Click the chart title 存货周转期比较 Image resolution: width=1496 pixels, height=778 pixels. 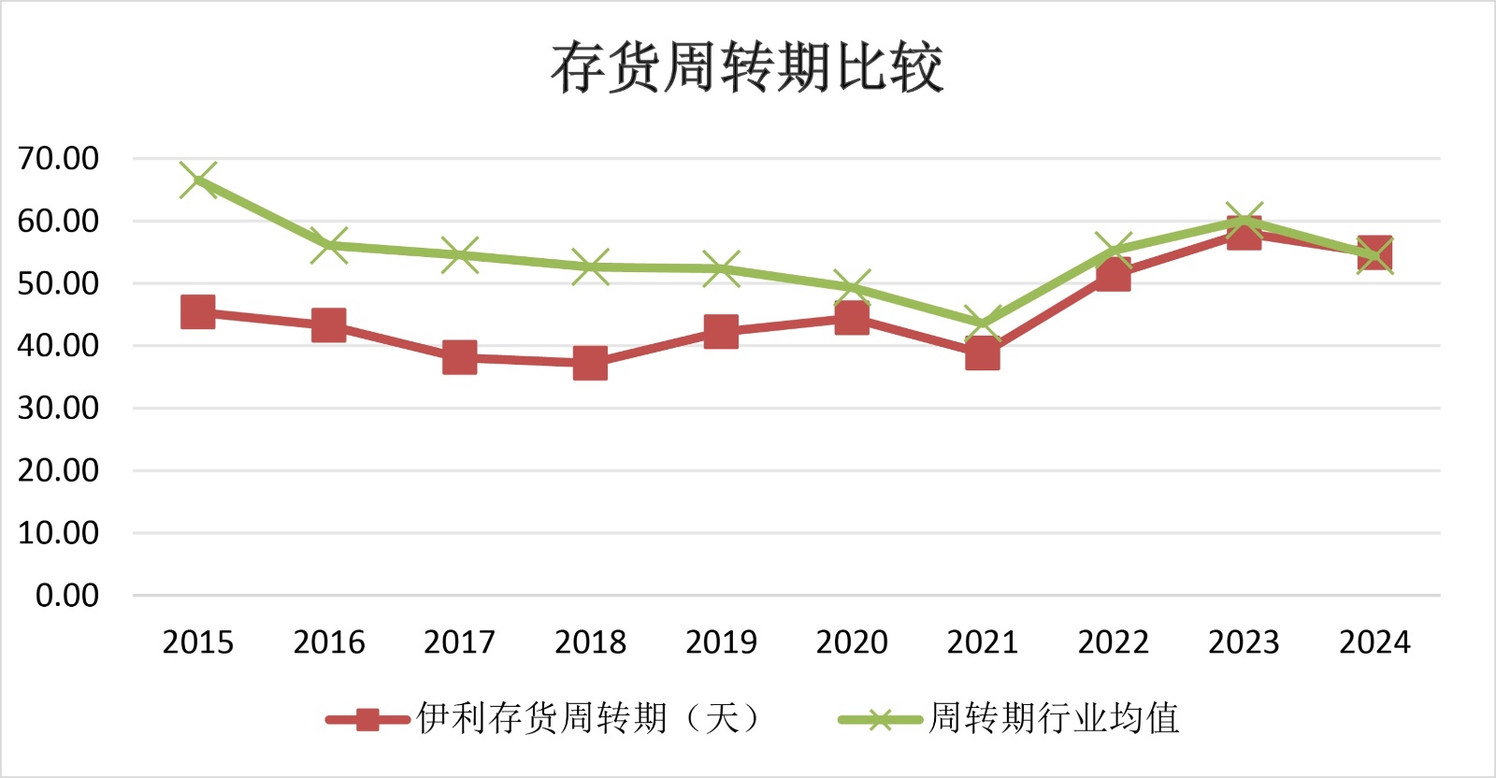point(746,67)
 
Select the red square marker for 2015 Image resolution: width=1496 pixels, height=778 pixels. point(198,311)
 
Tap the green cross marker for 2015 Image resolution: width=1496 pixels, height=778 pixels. point(198,180)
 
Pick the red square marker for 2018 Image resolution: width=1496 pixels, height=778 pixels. point(590,363)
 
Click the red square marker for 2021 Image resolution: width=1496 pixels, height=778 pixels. point(982,354)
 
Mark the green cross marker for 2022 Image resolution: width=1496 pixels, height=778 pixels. point(1113,251)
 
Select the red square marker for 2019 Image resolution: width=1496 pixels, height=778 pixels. point(721,331)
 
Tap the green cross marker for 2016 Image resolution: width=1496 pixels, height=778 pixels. point(329,245)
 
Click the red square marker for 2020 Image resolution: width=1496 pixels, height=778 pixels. point(852,318)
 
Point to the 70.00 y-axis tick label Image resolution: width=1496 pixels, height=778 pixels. point(58,159)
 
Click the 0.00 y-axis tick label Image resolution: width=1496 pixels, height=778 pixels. point(67,596)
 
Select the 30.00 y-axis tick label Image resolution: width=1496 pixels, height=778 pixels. point(58,409)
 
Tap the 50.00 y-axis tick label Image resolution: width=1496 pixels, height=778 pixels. point(58,283)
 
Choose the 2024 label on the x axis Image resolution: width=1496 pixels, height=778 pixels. point(1374,642)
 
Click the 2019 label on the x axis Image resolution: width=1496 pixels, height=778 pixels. point(721,642)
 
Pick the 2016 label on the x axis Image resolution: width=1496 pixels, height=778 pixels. point(329,642)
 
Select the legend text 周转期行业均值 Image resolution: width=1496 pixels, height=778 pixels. point(1054,718)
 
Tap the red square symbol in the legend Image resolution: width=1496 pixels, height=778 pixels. point(367,719)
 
